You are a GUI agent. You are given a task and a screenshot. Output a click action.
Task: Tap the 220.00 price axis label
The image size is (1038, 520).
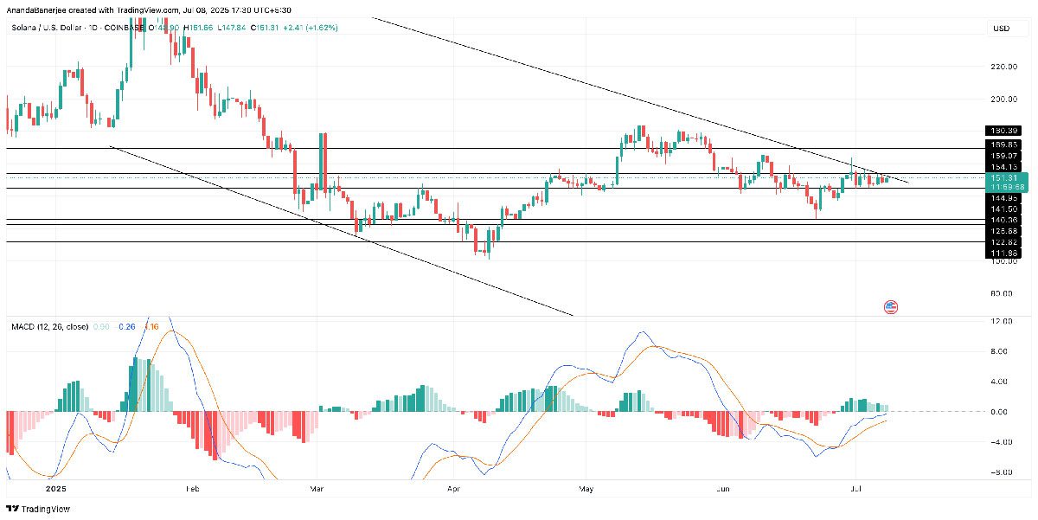click(x=1003, y=67)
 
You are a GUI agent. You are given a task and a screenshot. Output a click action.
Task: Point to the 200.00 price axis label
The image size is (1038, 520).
click(x=1003, y=100)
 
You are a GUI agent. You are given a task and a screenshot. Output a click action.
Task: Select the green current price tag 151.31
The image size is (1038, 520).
click(x=1008, y=177)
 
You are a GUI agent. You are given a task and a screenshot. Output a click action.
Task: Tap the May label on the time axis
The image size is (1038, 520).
click(x=586, y=489)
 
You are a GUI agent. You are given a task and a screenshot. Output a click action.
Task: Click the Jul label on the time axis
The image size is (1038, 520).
click(x=855, y=489)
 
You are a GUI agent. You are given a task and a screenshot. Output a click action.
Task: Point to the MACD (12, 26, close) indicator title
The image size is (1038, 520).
click(x=49, y=326)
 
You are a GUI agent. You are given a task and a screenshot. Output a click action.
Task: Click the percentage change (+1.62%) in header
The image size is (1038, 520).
click(x=318, y=28)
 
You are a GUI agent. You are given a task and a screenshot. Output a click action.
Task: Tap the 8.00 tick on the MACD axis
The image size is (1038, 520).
click(x=1002, y=352)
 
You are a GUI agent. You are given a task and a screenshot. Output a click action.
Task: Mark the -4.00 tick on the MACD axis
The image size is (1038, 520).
click(x=1002, y=442)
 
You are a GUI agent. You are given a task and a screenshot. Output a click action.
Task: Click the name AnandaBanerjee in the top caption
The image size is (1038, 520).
click(x=36, y=10)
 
